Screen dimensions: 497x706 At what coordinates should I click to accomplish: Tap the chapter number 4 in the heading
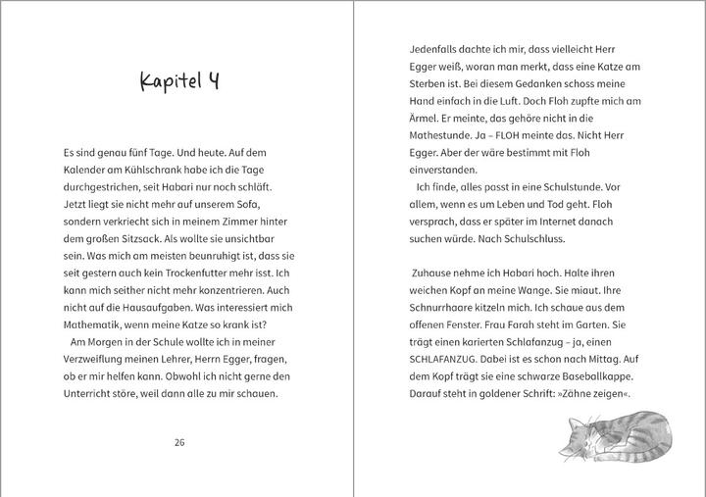(x=213, y=80)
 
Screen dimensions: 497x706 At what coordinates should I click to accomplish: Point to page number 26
(x=178, y=442)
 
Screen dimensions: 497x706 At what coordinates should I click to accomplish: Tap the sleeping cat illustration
(x=618, y=437)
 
